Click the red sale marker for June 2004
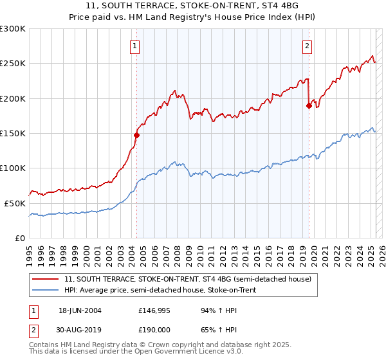tap(136, 135)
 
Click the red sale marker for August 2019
tap(309, 105)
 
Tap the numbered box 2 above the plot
tap(308, 46)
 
